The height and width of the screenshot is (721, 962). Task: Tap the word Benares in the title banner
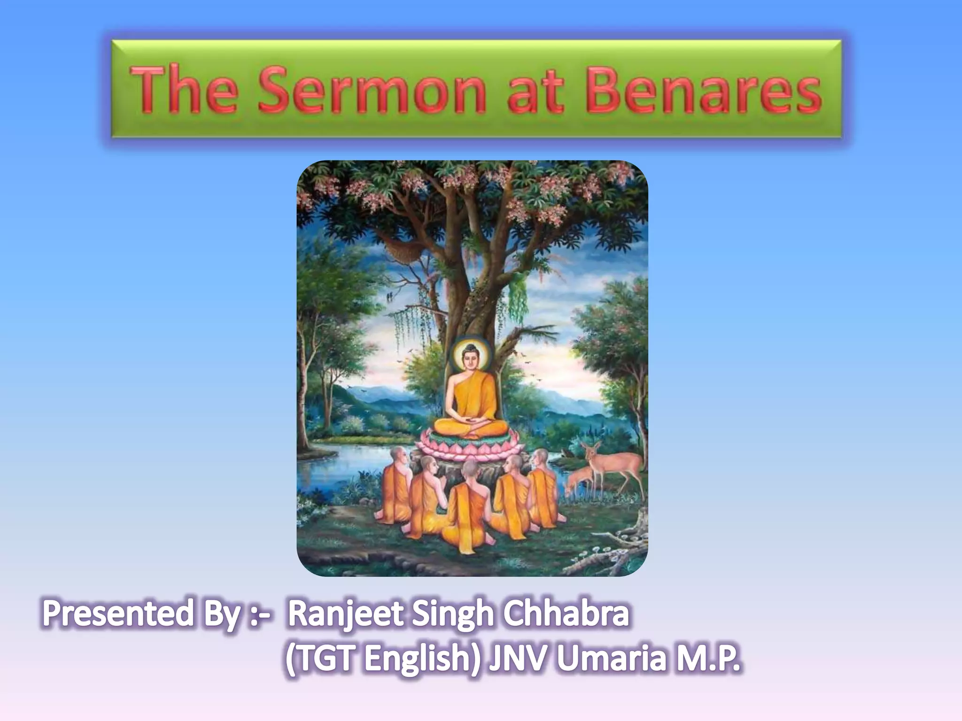tap(703, 91)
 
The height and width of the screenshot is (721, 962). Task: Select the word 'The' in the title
tap(184, 91)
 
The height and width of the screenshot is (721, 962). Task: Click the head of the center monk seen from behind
tap(470, 468)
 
